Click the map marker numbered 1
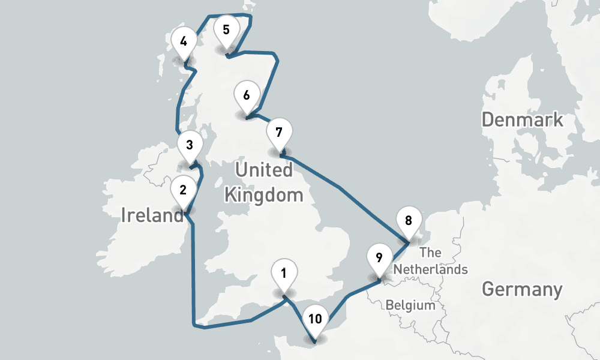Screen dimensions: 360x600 [283, 274]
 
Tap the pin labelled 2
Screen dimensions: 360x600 [183, 191]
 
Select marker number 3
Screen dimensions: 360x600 [190, 145]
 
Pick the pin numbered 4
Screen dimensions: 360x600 [183, 41]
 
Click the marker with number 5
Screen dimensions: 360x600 [226, 30]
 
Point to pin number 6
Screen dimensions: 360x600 [247, 95]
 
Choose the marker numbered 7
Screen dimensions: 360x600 [278, 132]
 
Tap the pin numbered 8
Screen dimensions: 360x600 [409, 220]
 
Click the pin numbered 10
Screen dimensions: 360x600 [315, 319]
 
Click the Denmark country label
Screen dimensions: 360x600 [523, 119]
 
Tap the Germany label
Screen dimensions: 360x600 [522, 290]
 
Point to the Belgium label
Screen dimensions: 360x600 [410, 305]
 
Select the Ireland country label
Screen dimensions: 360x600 [152, 215]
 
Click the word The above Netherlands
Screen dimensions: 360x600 [431, 252]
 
